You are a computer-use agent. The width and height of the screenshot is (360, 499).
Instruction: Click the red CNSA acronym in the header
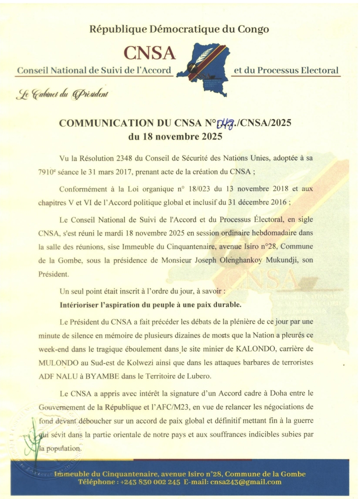149,52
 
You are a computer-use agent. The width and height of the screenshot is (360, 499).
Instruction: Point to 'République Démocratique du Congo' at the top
179,29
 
